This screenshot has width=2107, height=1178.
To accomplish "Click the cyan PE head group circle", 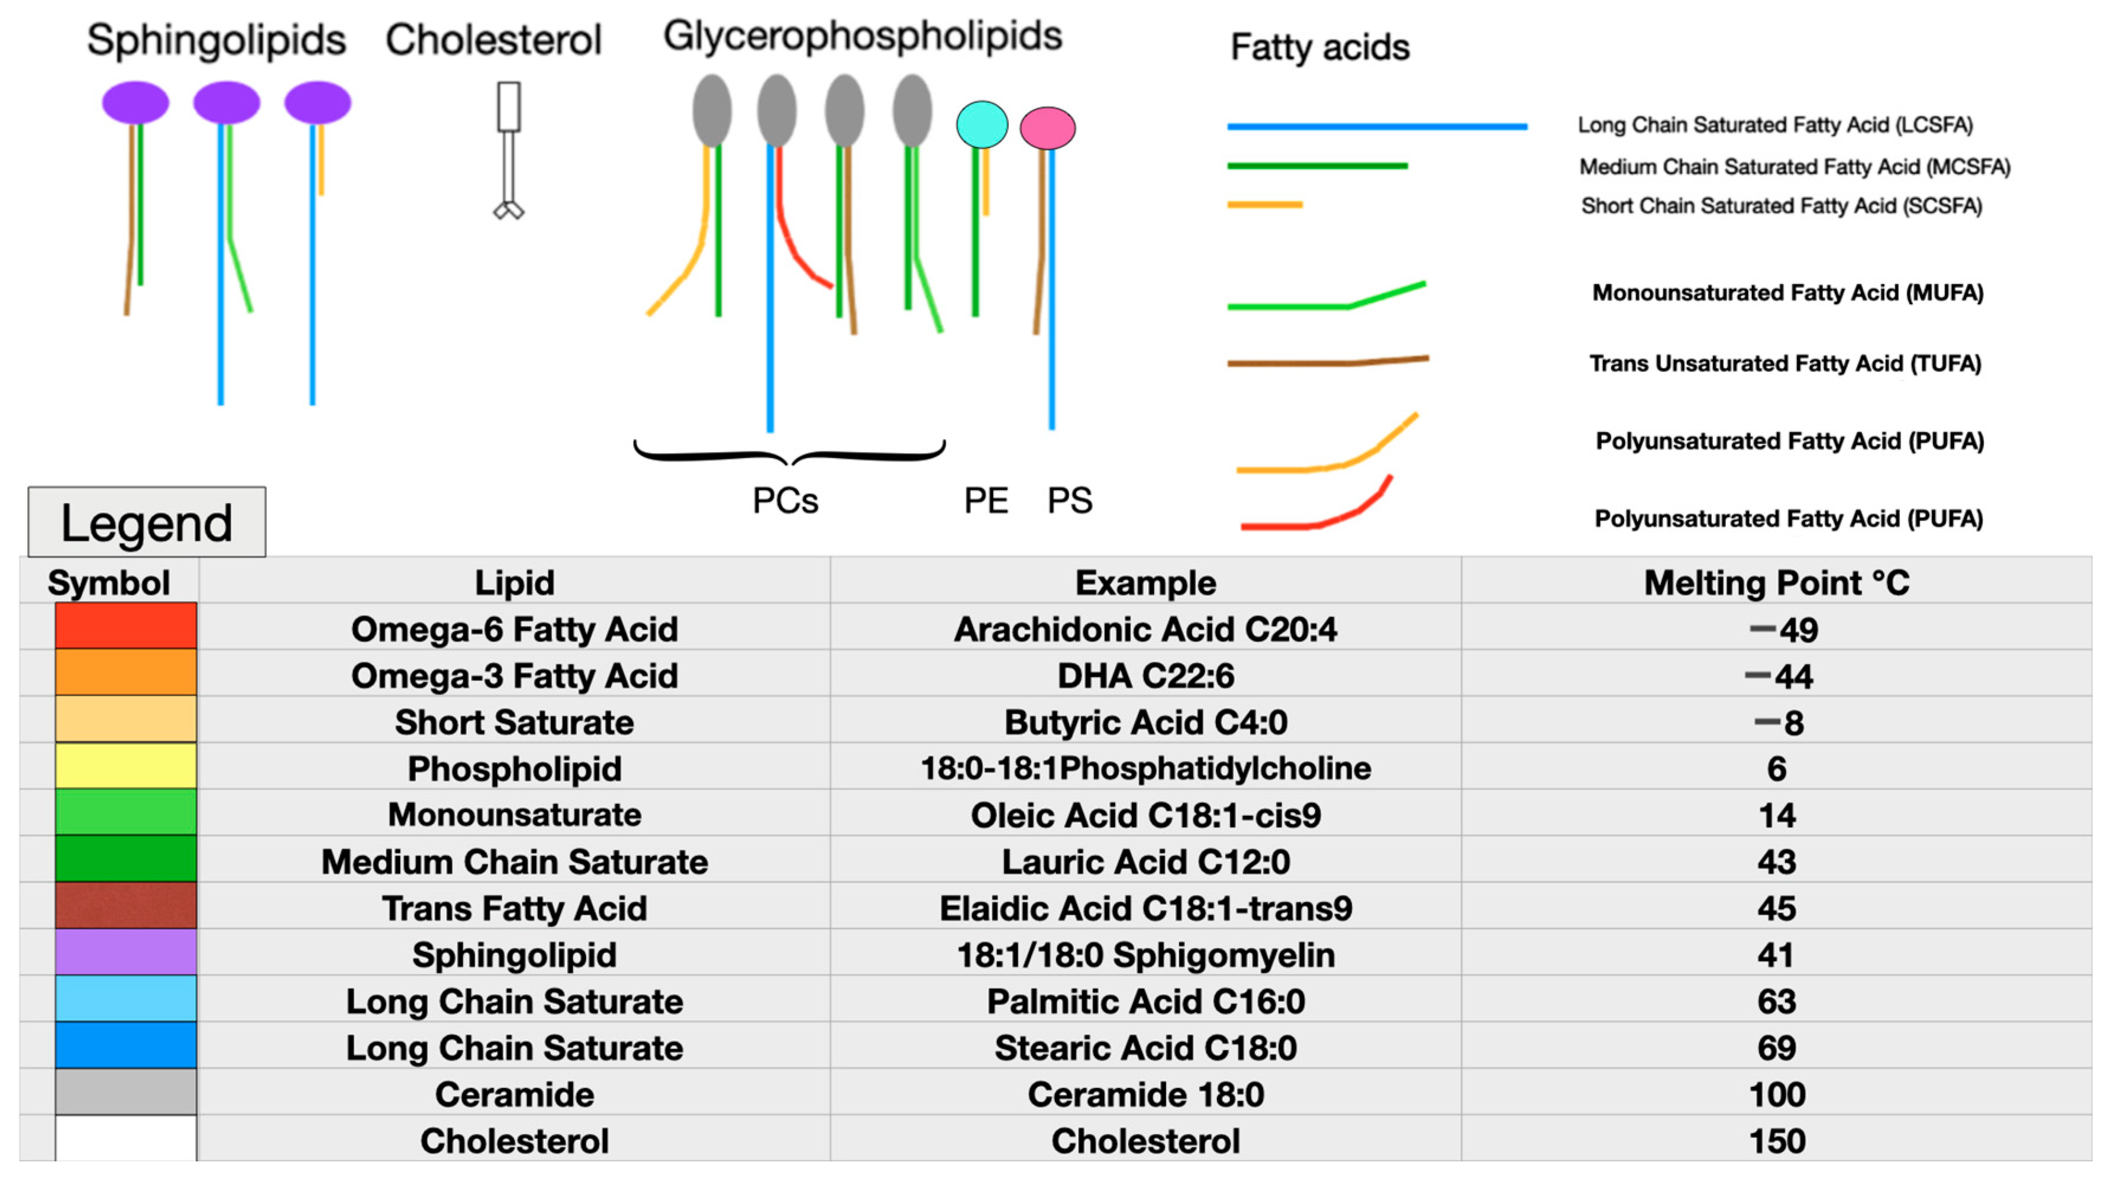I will (982, 124).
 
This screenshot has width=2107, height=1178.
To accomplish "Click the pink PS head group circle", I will (1048, 128).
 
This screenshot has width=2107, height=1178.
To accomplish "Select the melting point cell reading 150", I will (1777, 1141).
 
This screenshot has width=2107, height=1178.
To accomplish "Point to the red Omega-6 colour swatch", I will (126, 626).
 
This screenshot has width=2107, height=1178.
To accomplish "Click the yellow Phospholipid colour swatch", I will (126, 766).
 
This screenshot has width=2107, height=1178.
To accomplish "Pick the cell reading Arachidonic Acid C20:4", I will (1145, 629).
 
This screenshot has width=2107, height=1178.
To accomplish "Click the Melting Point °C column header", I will (1777, 582).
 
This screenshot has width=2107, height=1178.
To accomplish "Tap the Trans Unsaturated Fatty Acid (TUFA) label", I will (1785, 363).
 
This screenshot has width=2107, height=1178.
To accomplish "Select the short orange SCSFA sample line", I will (1264, 205).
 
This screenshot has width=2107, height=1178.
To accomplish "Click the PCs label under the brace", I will (785, 501).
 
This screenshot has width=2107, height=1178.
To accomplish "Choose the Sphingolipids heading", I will (217, 39).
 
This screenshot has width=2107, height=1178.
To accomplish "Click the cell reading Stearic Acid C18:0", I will (1145, 1048).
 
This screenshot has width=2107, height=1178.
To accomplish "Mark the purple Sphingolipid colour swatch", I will (126, 952).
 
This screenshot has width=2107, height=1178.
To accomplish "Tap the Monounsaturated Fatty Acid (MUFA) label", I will (1787, 293).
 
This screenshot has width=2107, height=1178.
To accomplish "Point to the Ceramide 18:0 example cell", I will (1145, 1095).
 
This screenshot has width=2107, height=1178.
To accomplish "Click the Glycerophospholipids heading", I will (862, 36).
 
